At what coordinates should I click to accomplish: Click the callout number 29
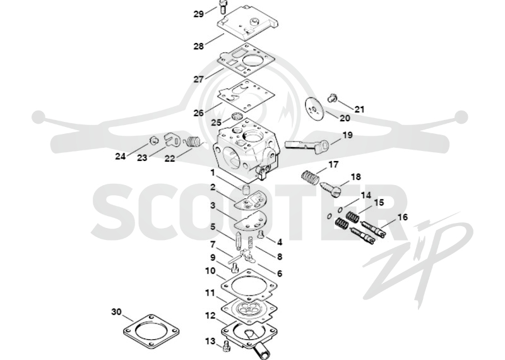199,14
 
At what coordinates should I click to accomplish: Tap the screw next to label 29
222,6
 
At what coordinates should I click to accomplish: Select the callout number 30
117,312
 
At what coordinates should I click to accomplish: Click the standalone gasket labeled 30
151,332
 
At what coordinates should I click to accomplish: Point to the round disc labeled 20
314,109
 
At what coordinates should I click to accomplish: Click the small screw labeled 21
332,97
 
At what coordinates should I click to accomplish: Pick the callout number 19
347,135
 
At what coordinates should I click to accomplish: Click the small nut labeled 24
154,141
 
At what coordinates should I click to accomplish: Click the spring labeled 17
310,177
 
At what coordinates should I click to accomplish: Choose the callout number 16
403,217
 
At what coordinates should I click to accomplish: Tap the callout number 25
217,123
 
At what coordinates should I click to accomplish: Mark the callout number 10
210,271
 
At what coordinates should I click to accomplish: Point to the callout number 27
199,80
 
